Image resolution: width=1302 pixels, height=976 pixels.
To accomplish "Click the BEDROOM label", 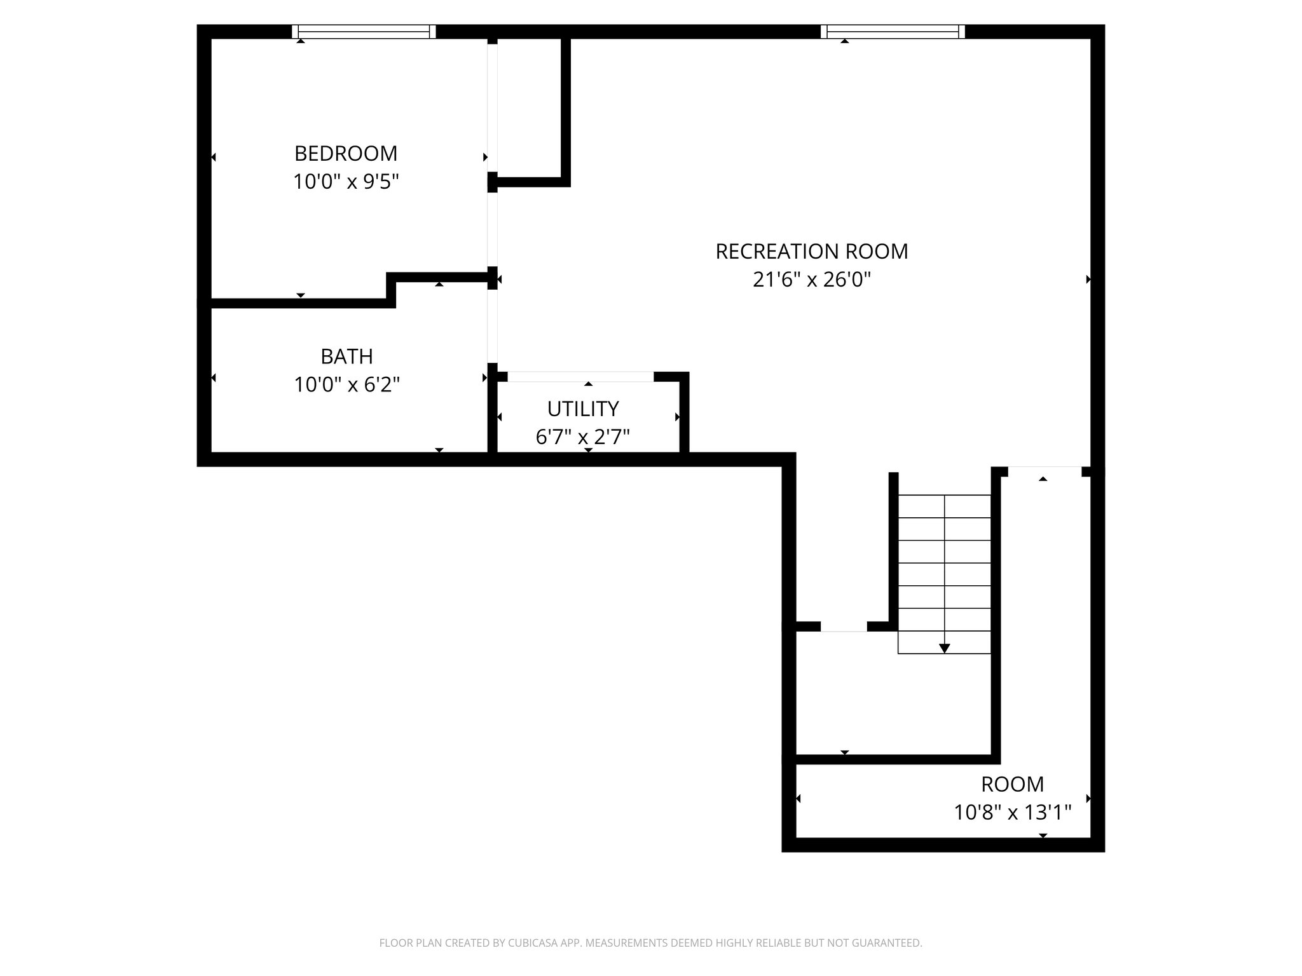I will pos(346,153).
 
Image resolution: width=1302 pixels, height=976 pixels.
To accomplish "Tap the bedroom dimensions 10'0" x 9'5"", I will pos(346,182).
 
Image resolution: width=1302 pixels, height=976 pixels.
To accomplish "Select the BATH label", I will pos(346,356).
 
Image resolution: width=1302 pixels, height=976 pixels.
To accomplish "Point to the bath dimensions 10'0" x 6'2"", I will pos(346,384).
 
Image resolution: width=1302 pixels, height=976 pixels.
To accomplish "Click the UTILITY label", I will pos(583,409).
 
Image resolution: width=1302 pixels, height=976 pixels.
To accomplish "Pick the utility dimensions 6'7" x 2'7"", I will pos(583,437).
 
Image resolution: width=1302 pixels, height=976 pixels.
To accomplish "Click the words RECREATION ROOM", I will pos(812,252).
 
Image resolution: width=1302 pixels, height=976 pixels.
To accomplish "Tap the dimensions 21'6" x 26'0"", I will pos(812,280).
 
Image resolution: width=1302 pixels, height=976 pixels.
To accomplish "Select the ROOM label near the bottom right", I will pos(1012,785).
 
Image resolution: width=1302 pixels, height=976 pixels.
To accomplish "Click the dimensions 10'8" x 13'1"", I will pos(1013,813).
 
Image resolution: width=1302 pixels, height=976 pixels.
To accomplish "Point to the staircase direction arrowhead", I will pos(945,648).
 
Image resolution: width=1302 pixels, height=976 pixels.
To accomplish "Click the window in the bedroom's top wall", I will pos(364,32).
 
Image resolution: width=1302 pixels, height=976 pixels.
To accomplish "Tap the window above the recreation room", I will pos(893,32).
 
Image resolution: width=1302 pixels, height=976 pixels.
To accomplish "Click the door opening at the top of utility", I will pos(580,377).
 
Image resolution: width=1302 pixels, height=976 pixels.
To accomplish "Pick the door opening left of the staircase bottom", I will pos(844,627).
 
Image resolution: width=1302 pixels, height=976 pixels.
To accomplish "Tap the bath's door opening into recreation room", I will pos(492,326).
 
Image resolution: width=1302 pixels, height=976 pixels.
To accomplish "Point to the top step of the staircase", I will pos(945,506).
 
